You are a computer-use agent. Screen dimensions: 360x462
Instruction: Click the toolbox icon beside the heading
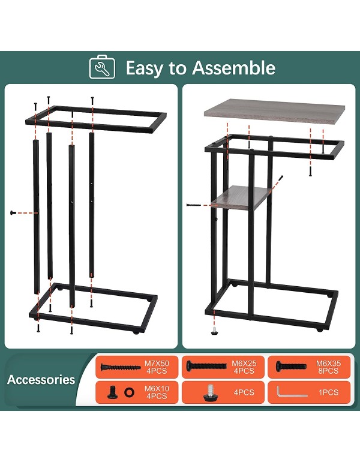[x=102, y=67]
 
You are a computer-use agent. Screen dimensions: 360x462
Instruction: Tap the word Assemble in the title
[x=234, y=67]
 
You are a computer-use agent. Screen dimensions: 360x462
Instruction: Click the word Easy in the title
[x=144, y=68]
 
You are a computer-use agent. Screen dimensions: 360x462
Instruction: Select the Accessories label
[x=41, y=379]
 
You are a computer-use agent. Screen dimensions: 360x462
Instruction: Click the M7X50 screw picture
[x=121, y=367]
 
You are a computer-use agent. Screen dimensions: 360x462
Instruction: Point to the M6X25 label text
[x=244, y=363]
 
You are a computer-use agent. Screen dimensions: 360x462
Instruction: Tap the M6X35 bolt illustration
[x=292, y=366]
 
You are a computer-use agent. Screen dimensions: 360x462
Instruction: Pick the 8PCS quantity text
[x=328, y=371]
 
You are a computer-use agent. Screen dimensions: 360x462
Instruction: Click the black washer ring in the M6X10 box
[x=129, y=392]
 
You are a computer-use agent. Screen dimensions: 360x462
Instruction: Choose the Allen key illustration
[x=292, y=392]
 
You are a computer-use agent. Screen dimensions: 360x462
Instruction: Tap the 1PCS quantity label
[x=328, y=392]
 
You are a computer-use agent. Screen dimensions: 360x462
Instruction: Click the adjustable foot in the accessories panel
[x=211, y=392]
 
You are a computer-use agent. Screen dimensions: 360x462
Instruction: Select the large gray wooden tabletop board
[x=275, y=112]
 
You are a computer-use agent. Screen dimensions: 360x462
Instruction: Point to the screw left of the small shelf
[x=194, y=205]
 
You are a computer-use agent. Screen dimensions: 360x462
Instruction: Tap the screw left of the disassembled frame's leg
[x=13, y=212]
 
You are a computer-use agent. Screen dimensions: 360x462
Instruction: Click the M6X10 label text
[x=157, y=389]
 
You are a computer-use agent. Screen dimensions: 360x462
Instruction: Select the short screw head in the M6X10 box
[x=112, y=392]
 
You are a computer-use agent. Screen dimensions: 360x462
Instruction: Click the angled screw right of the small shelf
[x=281, y=178]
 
